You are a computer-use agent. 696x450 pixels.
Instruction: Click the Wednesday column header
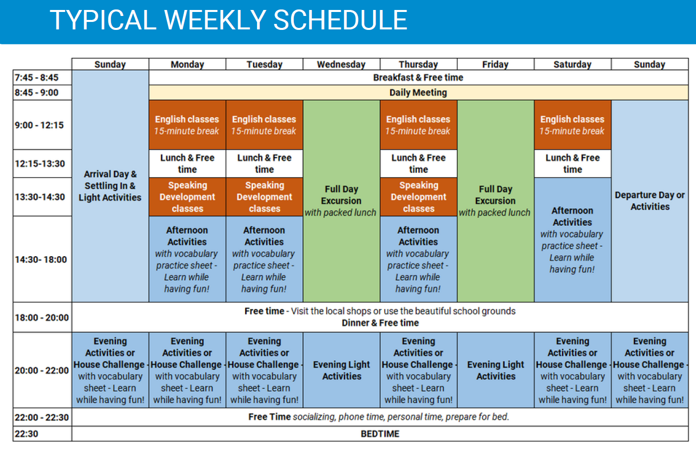341,64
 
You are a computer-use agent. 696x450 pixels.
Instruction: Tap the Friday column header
495,64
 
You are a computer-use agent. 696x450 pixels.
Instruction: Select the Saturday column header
572,64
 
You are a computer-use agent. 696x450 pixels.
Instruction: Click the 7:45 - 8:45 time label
36,77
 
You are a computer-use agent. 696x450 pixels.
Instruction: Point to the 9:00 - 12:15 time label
39,125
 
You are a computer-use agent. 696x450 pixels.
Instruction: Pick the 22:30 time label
26,434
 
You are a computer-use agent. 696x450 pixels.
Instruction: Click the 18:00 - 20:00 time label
42,317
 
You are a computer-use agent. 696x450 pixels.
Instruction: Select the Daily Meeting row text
418,92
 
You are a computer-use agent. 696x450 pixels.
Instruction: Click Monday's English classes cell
187,125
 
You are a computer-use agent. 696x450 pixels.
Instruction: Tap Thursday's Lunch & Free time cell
418,163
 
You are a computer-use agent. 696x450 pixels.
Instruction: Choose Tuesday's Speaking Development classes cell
265,197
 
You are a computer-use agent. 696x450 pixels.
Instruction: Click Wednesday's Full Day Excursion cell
341,201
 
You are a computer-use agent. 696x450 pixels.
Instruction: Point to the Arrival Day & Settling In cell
110,186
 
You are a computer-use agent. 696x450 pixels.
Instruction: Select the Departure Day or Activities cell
650,201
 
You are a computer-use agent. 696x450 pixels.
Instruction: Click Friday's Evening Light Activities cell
496,370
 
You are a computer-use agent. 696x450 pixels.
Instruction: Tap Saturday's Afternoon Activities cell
572,240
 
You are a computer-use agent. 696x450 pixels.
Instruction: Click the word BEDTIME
380,434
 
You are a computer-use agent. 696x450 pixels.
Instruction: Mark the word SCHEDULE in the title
340,20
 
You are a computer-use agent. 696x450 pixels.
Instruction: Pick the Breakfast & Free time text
418,77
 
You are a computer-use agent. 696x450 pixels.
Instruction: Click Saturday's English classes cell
572,125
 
